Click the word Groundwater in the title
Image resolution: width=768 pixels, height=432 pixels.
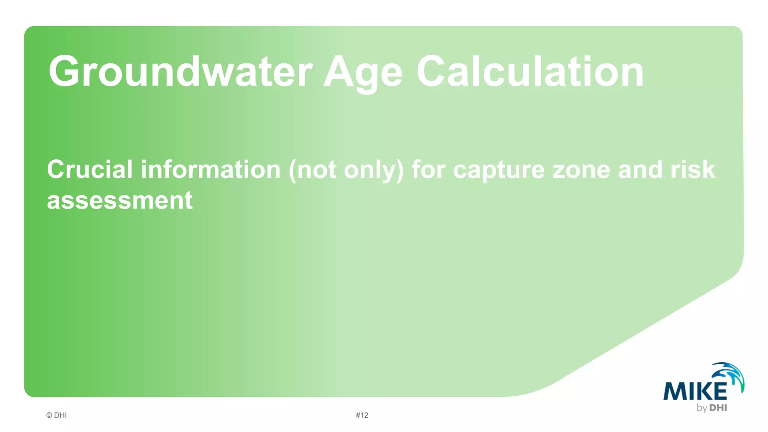180,71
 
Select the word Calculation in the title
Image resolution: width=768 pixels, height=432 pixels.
530,71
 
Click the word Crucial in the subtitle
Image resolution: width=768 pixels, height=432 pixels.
90,169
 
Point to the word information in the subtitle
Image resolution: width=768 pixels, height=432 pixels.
210,169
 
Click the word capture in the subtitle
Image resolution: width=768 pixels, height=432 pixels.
499,171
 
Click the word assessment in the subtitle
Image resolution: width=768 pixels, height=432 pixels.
120,200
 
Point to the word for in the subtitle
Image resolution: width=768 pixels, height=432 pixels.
428,169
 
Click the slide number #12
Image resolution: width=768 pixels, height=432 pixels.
362,415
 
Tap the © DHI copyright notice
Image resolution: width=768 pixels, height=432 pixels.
57,415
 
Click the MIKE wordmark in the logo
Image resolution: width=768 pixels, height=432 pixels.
695,391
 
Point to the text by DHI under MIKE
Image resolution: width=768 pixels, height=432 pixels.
712,408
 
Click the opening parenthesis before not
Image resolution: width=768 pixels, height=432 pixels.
292,171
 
